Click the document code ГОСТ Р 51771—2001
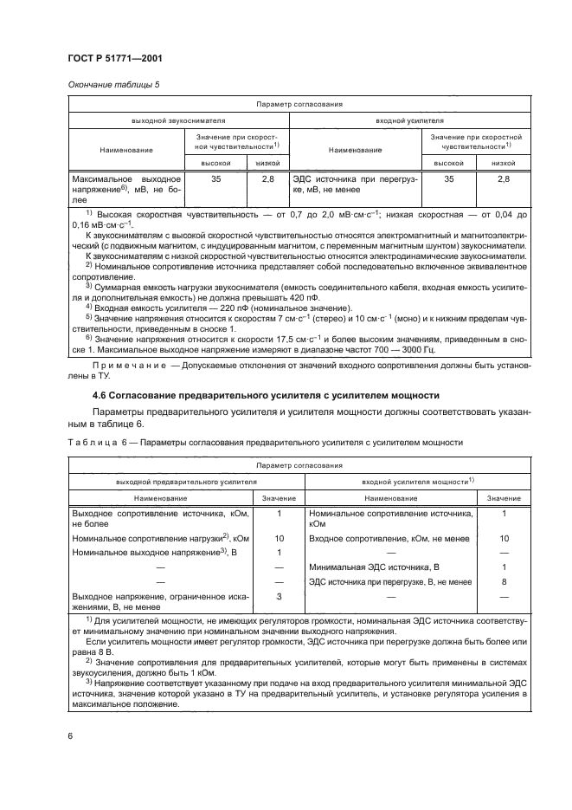(x=112, y=58)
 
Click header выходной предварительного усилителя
(x=181, y=479)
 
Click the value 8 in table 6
(x=504, y=581)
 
